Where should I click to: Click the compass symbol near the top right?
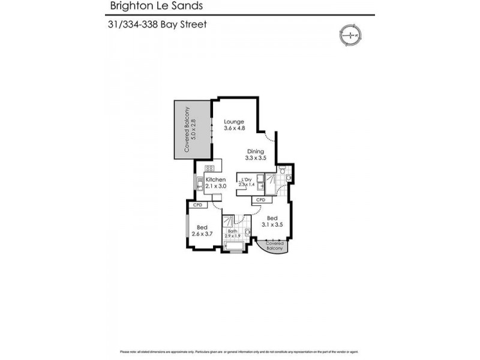click(x=349, y=35)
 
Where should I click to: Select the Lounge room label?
click(x=234, y=121)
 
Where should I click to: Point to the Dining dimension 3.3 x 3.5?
click(x=255, y=158)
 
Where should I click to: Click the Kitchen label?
click(x=215, y=179)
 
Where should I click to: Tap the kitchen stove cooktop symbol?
click(x=209, y=169)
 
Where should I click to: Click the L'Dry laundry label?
click(x=246, y=178)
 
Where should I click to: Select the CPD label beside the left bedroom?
click(x=197, y=205)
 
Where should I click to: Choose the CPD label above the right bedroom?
click(x=261, y=199)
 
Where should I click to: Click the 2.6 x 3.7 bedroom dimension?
click(x=202, y=234)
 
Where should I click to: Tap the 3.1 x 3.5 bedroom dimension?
click(x=272, y=224)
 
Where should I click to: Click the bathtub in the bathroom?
click(x=233, y=245)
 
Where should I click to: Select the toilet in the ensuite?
click(x=288, y=178)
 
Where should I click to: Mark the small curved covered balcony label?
click(x=274, y=245)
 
